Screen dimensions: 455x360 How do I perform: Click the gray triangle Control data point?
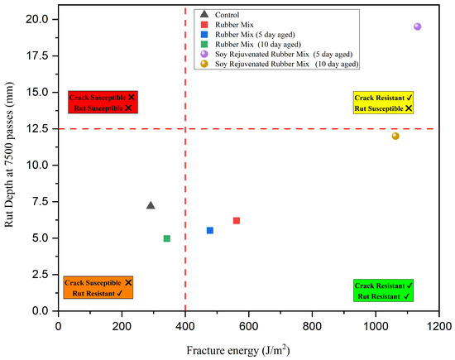point(151,205)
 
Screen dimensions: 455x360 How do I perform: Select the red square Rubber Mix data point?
point(237,221)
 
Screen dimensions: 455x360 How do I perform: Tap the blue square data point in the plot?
point(210,231)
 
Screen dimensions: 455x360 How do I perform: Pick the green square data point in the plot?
point(167,238)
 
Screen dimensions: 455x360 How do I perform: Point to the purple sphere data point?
point(417,26)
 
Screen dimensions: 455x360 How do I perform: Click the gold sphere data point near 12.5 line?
point(395,136)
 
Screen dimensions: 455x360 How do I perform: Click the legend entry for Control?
point(220,15)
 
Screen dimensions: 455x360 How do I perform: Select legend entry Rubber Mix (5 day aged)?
point(248,35)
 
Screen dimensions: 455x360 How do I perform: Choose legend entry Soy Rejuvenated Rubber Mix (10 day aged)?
point(280,64)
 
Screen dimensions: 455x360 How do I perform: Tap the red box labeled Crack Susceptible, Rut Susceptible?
point(103,102)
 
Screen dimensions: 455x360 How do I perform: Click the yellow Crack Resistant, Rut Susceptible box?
point(383,103)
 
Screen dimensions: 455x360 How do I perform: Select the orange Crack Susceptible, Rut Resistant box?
point(98,287)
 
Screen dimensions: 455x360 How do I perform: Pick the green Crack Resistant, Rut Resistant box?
point(383,290)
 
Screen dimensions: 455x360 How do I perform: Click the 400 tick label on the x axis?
point(185,326)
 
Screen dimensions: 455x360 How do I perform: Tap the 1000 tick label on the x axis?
point(376,326)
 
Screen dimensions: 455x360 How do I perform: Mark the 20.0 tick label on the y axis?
point(37,20)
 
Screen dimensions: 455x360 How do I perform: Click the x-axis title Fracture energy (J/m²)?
point(238,350)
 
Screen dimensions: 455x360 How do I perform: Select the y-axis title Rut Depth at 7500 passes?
point(9,155)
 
